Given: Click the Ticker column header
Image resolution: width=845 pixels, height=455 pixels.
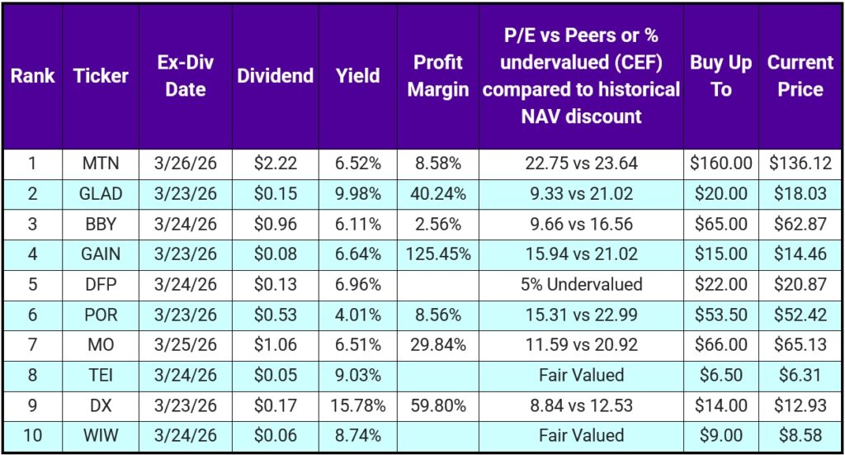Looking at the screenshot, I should pos(101,76).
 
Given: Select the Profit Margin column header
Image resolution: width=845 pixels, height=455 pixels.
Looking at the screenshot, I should pos(437,76).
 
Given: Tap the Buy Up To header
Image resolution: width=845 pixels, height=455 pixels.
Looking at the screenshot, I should pos(720,76).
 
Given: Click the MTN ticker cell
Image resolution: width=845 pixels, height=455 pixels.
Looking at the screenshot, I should pos(101,164).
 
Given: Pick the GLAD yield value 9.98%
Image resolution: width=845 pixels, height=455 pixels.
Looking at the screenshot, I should pos(358,194).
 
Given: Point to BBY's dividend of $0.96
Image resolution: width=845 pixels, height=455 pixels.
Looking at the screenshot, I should pos(275,224).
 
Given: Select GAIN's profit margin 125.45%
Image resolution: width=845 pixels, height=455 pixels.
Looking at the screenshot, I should pos(437,254).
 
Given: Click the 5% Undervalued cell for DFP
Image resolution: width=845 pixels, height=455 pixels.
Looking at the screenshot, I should pos(581,285).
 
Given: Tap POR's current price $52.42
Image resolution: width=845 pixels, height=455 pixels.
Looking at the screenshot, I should pos(800,315).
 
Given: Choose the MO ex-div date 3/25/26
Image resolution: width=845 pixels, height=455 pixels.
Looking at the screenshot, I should pos(185,345).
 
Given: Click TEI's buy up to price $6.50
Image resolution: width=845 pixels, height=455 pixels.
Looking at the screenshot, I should pos(720,375).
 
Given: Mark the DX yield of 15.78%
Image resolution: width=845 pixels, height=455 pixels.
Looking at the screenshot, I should pos(358,405).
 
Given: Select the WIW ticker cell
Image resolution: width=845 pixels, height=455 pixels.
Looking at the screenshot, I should pos(101,435).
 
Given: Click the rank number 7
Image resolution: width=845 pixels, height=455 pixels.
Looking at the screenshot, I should pos(32,345).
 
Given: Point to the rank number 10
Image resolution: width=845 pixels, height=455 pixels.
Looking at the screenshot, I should pos(32,435).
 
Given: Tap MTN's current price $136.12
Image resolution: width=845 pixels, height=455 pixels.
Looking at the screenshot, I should pos(800,164).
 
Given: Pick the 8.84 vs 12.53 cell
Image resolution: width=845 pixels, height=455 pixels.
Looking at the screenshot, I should pos(581,405).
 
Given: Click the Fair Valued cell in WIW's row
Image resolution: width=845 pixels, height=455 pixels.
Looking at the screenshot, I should pos(581,435).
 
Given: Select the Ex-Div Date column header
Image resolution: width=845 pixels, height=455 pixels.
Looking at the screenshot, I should pos(185,76).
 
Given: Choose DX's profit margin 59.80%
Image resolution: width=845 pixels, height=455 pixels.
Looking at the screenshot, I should pos(437,405).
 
